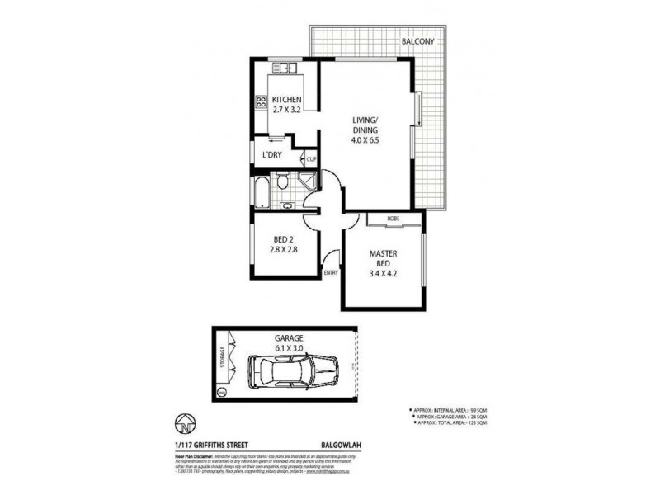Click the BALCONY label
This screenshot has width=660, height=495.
pos(418,40)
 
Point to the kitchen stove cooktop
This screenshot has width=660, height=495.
pos(261,102)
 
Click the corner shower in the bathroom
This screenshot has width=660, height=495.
pos(307,181)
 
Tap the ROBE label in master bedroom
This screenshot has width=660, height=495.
pos(394,218)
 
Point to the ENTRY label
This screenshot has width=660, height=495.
pos(332,272)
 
